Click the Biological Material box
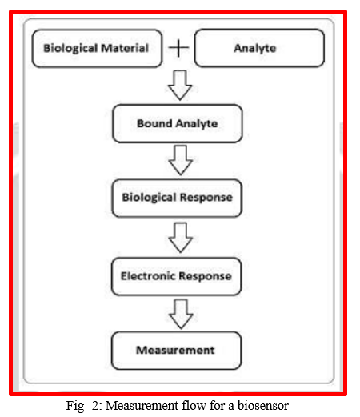point(97,48)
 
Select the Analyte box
point(259,48)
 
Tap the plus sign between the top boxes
point(178,48)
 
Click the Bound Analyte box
point(178,123)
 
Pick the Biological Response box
point(177,198)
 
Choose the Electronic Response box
point(176,276)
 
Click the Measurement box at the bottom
point(176,351)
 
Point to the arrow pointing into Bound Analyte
point(180,86)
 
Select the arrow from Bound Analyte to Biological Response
point(181,160)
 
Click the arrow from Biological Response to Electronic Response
point(181,238)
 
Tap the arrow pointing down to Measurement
point(181,314)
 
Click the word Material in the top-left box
point(125,48)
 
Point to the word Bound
point(154,123)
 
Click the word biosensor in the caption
point(263,406)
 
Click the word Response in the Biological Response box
point(206,198)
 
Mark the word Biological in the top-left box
point(70,48)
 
